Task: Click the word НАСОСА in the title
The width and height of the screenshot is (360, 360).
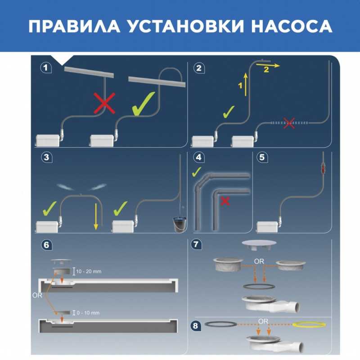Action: [x=292, y=26]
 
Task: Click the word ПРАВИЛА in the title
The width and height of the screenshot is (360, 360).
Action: [x=74, y=26]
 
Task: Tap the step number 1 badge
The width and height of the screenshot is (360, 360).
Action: [x=46, y=68]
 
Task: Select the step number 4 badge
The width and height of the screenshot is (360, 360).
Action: [x=199, y=157]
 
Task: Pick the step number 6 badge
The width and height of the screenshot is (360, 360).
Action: [x=47, y=245]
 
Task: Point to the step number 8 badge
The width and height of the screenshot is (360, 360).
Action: [x=196, y=325]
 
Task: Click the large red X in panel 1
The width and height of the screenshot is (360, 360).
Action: [x=104, y=103]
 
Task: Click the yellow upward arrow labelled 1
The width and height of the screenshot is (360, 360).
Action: [x=246, y=85]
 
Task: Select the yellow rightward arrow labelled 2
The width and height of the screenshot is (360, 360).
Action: [x=268, y=65]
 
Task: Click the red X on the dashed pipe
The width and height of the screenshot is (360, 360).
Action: [x=289, y=123]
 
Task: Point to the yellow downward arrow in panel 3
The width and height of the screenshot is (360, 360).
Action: [x=96, y=217]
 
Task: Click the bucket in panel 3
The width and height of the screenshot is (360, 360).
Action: [x=179, y=224]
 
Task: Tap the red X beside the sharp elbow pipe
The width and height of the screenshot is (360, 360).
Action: [x=225, y=201]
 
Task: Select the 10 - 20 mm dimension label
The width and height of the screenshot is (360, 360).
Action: [x=89, y=271]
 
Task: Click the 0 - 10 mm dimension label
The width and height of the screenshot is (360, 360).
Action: [x=88, y=313]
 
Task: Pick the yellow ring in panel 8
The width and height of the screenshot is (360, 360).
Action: [x=309, y=324]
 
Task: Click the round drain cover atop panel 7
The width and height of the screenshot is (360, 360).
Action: [x=259, y=244]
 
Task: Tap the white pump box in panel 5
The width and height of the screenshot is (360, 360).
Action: [x=267, y=227]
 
